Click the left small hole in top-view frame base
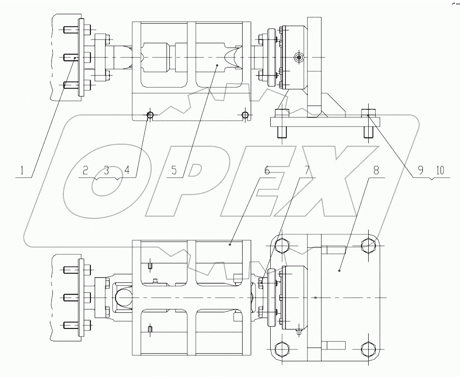pos(150,115)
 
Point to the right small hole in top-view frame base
pos(245,115)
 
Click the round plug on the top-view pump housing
pos(298,58)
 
